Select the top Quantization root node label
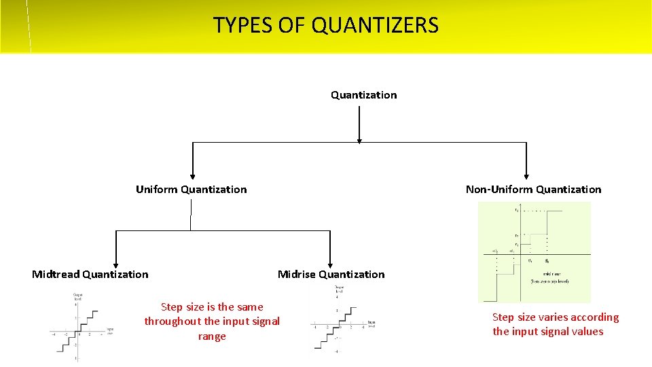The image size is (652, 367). (363, 95)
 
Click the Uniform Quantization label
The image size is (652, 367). (191, 190)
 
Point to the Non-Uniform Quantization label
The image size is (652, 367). (533, 190)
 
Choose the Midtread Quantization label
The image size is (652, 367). (90, 275)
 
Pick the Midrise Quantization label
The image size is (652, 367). (331, 275)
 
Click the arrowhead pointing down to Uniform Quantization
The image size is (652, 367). (192, 175)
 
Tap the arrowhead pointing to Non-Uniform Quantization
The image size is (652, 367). (526, 175)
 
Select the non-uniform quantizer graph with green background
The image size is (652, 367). (534, 251)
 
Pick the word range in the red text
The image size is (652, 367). (212, 336)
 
